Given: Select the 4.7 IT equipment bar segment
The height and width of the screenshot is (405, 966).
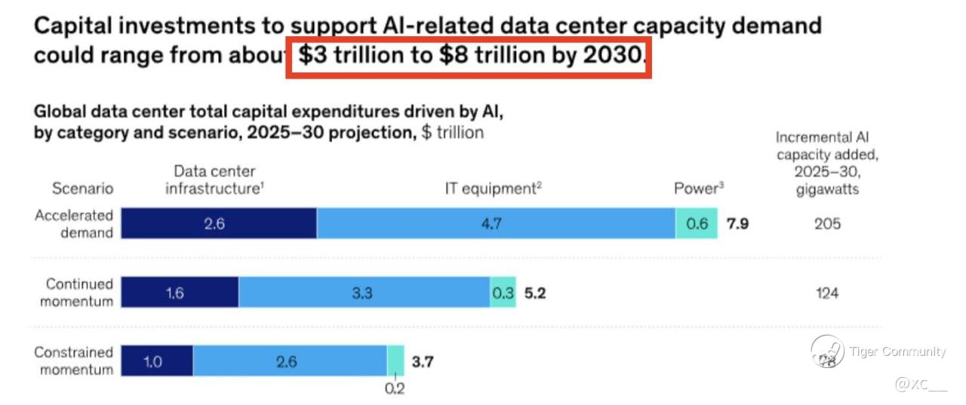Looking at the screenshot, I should [x=496, y=223].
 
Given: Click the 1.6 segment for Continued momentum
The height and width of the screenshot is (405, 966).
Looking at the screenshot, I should [x=180, y=293].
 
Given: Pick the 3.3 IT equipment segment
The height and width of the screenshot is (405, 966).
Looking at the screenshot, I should [x=364, y=293].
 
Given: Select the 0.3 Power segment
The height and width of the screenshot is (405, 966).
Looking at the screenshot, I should [x=503, y=293].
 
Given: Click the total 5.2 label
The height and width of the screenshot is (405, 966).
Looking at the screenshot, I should [x=534, y=293].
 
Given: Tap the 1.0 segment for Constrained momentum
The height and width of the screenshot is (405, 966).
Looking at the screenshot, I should [x=157, y=361].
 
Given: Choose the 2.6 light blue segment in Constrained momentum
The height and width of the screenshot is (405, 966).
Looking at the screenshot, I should [x=290, y=361].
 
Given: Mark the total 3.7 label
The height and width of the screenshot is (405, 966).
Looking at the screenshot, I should [x=423, y=361].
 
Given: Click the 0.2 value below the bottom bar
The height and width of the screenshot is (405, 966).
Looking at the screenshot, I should [x=395, y=389].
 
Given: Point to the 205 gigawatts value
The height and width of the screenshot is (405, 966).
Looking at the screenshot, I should [x=827, y=224].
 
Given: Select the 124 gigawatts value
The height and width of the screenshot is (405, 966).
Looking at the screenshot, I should [x=827, y=293].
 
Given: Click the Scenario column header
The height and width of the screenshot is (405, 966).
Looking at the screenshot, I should [x=82, y=189].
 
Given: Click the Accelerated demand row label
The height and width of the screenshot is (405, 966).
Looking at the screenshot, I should [x=74, y=224].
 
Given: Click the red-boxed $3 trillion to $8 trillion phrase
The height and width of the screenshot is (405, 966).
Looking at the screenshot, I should [x=468, y=57].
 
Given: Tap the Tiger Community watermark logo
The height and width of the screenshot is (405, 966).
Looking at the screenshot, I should [x=827, y=352].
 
